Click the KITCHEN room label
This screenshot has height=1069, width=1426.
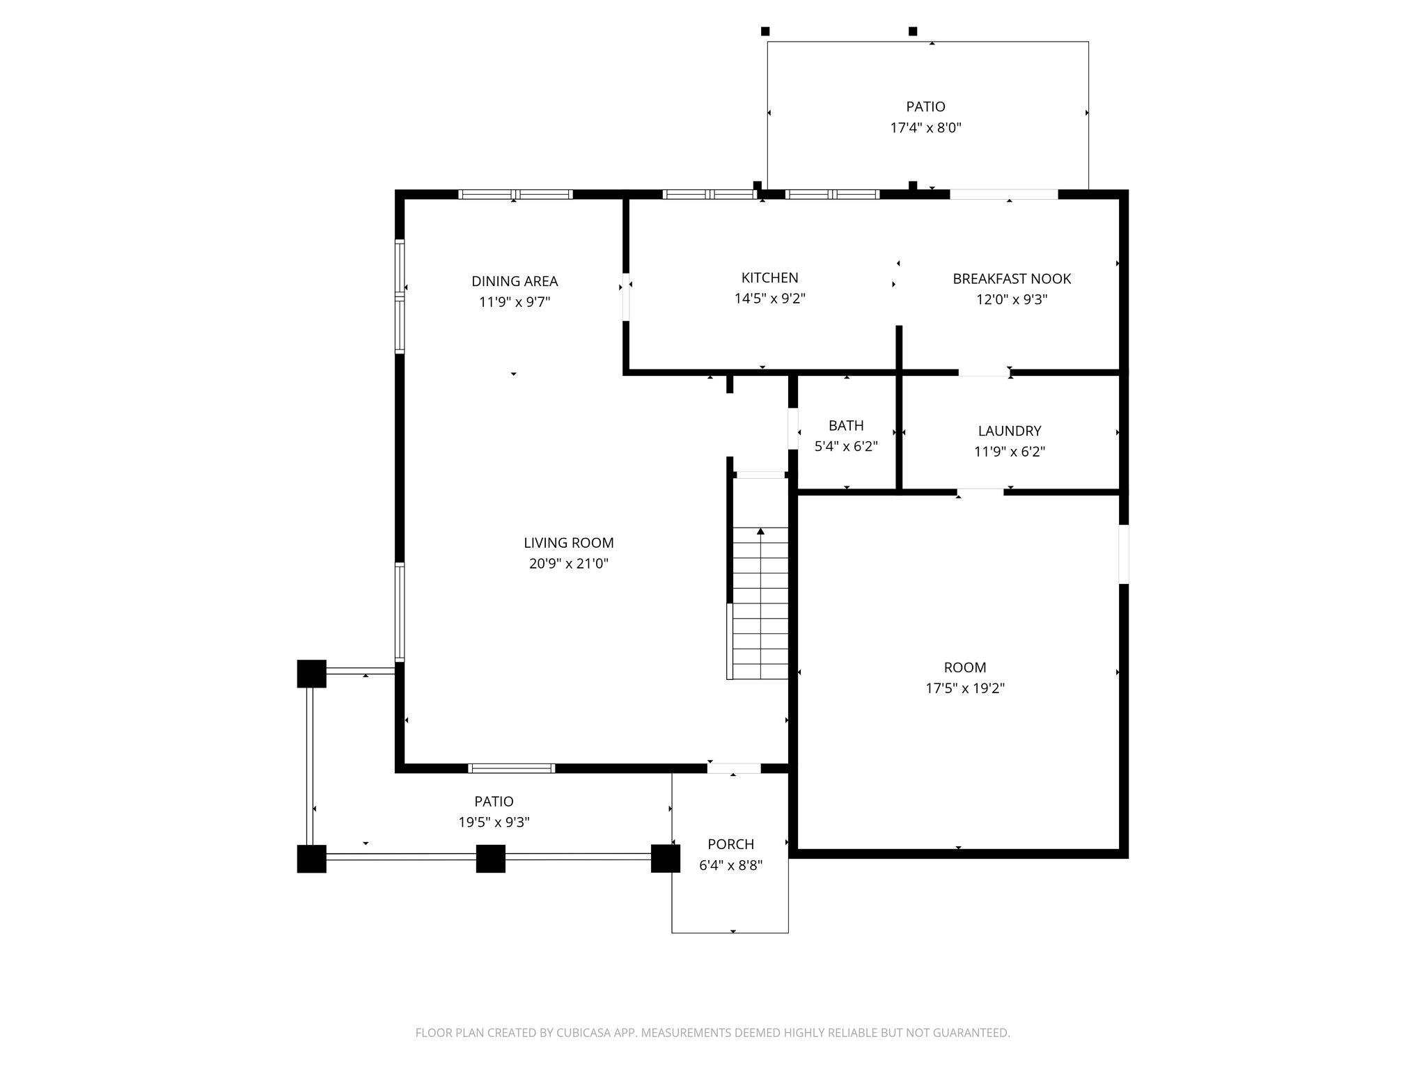(769, 278)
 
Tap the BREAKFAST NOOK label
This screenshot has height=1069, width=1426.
(1011, 278)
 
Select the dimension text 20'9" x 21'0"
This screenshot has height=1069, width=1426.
(568, 564)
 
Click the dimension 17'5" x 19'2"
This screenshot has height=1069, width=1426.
(964, 688)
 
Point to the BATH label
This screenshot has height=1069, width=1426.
(846, 425)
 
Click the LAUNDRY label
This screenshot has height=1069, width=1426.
(1009, 431)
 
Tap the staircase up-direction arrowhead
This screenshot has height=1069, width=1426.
(760, 532)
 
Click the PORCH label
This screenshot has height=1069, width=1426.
(730, 844)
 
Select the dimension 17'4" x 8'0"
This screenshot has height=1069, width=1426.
(925, 128)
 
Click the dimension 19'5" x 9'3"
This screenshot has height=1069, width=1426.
(494, 822)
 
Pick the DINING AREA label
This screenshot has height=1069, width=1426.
(515, 281)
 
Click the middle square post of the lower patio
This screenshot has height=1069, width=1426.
(490, 858)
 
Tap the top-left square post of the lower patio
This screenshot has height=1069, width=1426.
(311, 673)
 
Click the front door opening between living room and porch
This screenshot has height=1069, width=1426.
(734, 768)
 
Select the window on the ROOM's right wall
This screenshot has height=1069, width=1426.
(1123, 554)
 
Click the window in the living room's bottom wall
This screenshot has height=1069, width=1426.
(512, 768)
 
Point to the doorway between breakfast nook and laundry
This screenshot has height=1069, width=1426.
(984, 373)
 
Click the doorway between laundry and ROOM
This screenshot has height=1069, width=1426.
(980, 492)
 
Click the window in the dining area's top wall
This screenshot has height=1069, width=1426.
(515, 194)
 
